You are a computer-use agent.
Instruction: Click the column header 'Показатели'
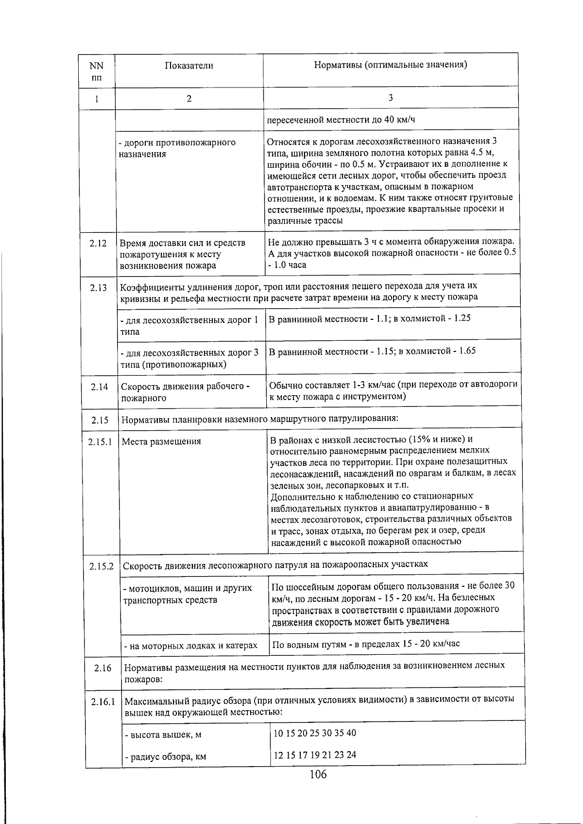pos(189,66)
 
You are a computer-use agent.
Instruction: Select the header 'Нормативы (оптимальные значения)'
pos(391,65)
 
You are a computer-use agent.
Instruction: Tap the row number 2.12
pos(98,243)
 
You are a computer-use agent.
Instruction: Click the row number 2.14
pos(99,387)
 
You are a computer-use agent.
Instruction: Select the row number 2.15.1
pos(100,442)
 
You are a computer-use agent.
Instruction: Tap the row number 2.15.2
pos(101,566)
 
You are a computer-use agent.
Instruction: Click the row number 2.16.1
pos(103,702)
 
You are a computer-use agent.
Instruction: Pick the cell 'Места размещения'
pos(161,441)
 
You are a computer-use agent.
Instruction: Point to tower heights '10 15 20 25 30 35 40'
pos(315,733)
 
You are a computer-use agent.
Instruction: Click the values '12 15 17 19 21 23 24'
pos(315,755)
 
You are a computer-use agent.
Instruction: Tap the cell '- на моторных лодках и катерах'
pos(190,646)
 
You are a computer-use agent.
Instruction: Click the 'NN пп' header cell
pos(97,71)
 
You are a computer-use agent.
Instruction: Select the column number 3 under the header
pos(391,98)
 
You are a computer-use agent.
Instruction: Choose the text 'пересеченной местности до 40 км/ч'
pos(341,120)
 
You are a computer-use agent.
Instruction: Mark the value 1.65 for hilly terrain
pos(467,351)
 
